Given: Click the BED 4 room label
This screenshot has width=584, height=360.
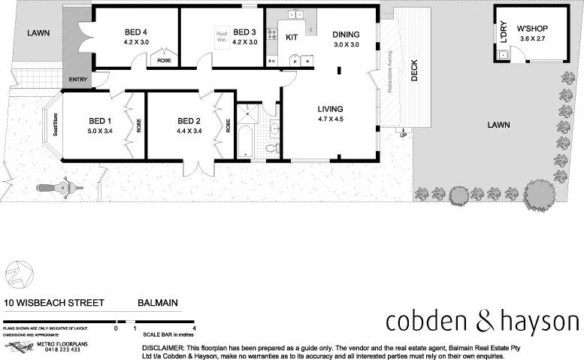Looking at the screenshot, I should pos(135,32).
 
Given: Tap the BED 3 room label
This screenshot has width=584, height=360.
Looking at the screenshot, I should pos(245,32).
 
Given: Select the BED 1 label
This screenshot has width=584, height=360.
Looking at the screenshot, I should pos(101,121).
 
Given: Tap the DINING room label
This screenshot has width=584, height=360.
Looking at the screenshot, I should pos(346,35).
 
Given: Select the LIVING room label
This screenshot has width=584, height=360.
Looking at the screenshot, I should pos(331,108).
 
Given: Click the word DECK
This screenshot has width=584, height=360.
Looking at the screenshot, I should pos(414,71).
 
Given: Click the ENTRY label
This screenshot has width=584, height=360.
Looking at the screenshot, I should pos(77,79).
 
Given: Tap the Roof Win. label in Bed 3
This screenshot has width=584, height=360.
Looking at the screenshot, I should pos(222,37).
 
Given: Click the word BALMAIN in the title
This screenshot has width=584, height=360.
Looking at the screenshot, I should pos(158,304).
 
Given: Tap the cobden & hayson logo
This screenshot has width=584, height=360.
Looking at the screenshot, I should pos(482,322).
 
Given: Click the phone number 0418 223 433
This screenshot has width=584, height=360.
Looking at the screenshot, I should pos(63,349).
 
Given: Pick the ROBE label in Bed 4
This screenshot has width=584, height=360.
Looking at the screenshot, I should pos(164,60).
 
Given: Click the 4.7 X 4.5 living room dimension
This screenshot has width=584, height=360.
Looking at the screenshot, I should pos(331,119).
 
